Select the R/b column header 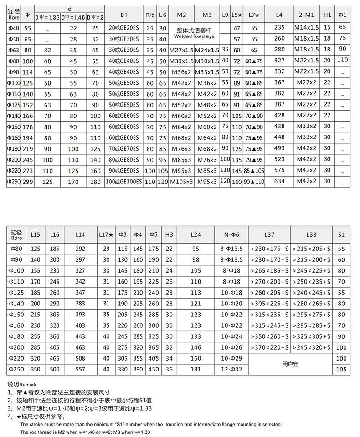tap(150, 15)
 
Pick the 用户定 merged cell tap(290, 364)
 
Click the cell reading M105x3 tap(181, 181)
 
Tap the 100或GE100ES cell tap(124, 181)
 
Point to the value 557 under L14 tap(80, 369)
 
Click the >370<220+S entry tap(269, 347)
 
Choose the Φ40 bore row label tap(14, 28)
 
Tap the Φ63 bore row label tap(14, 50)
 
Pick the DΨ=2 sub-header tap(95, 17)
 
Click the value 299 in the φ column tap(27, 181)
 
